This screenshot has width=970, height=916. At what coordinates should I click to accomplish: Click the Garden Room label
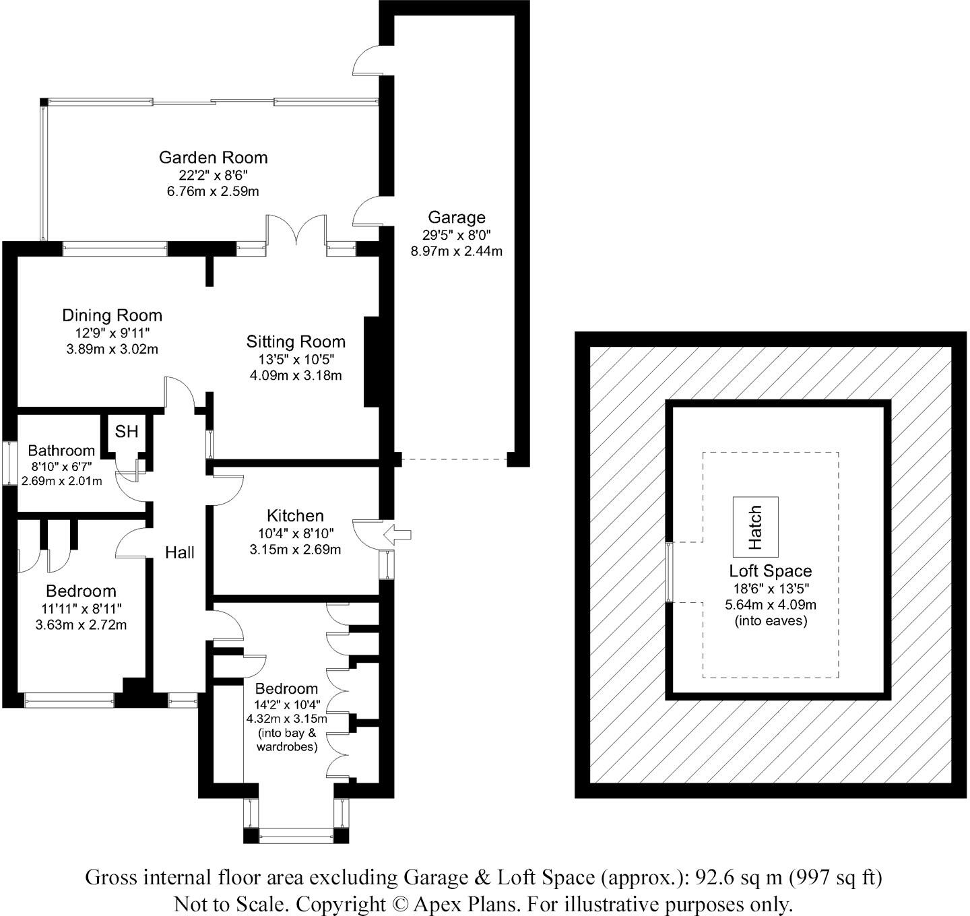[x=213, y=158]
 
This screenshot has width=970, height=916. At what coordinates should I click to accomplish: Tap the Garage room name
[x=456, y=218]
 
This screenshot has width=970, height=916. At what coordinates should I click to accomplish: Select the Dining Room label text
[x=112, y=315]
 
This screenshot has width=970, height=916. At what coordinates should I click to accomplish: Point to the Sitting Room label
[x=295, y=341]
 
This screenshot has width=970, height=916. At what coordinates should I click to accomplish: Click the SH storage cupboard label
[x=126, y=432]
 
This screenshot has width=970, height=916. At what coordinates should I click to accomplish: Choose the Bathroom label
[x=61, y=451]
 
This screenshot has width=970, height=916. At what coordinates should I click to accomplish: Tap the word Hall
[x=180, y=553]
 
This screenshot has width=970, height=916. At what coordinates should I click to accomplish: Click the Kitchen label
[x=295, y=516]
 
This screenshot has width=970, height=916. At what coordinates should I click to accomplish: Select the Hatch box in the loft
[x=755, y=527]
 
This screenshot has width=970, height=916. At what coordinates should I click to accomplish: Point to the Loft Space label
[x=770, y=571]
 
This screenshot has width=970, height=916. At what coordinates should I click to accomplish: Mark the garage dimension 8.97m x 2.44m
[x=456, y=251]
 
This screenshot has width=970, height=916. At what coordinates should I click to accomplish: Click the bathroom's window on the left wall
[x=9, y=463]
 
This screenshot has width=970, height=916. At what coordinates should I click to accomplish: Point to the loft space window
[x=668, y=572]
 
